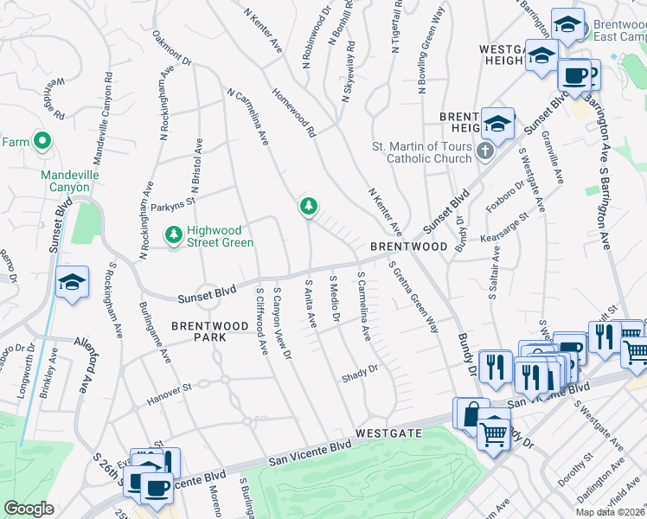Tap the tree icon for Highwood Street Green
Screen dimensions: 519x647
(x=174, y=234)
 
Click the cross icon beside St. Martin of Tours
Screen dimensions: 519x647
(x=485, y=152)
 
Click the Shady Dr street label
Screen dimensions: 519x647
(x=360, y=369)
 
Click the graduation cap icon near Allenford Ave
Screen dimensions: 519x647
(x=72, y=281)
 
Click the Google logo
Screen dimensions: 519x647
(x=29, y=509)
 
